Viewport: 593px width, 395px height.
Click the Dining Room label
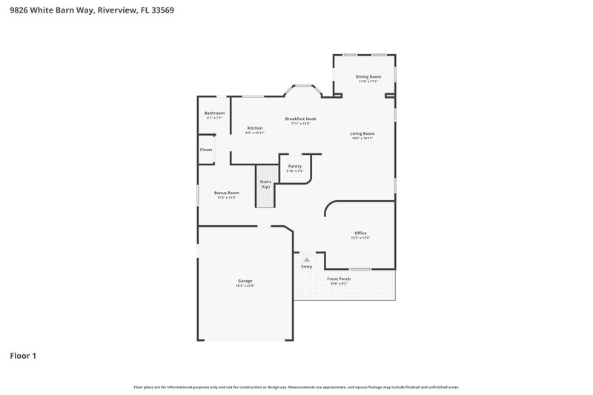coord(368,76)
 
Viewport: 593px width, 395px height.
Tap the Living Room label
coord(362,133)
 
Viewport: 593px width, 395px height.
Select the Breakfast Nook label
coord(301,119)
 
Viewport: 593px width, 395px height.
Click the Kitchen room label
coord(254,128)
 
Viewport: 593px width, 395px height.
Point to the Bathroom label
coord(214,113)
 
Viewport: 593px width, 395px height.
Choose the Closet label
coord(205,150)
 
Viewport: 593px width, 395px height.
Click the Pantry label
coord(294,166)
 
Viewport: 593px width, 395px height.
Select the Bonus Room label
coord(227,193)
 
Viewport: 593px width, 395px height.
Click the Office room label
coord(360,233)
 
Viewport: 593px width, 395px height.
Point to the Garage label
coord(245,281)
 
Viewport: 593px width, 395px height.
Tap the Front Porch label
coord(339,279)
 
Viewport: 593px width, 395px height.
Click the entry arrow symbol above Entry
coord(306,259)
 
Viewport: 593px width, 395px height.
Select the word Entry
coord(306,267)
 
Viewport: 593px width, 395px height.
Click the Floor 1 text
coord(22,356)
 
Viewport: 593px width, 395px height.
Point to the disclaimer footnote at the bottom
coord(296,387)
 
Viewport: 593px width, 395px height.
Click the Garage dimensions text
coord(245,285)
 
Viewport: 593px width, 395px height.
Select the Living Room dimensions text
coord(362,139)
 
